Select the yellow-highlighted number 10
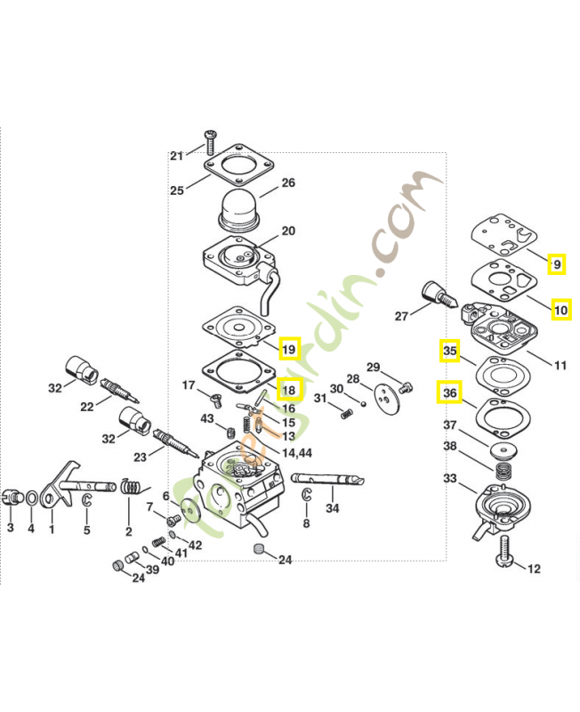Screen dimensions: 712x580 [560, 309]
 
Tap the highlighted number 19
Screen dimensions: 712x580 [290, 349]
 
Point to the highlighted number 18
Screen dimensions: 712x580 [290, 390]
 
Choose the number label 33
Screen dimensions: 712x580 [450, 479]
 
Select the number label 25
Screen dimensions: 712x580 [177, 190]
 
